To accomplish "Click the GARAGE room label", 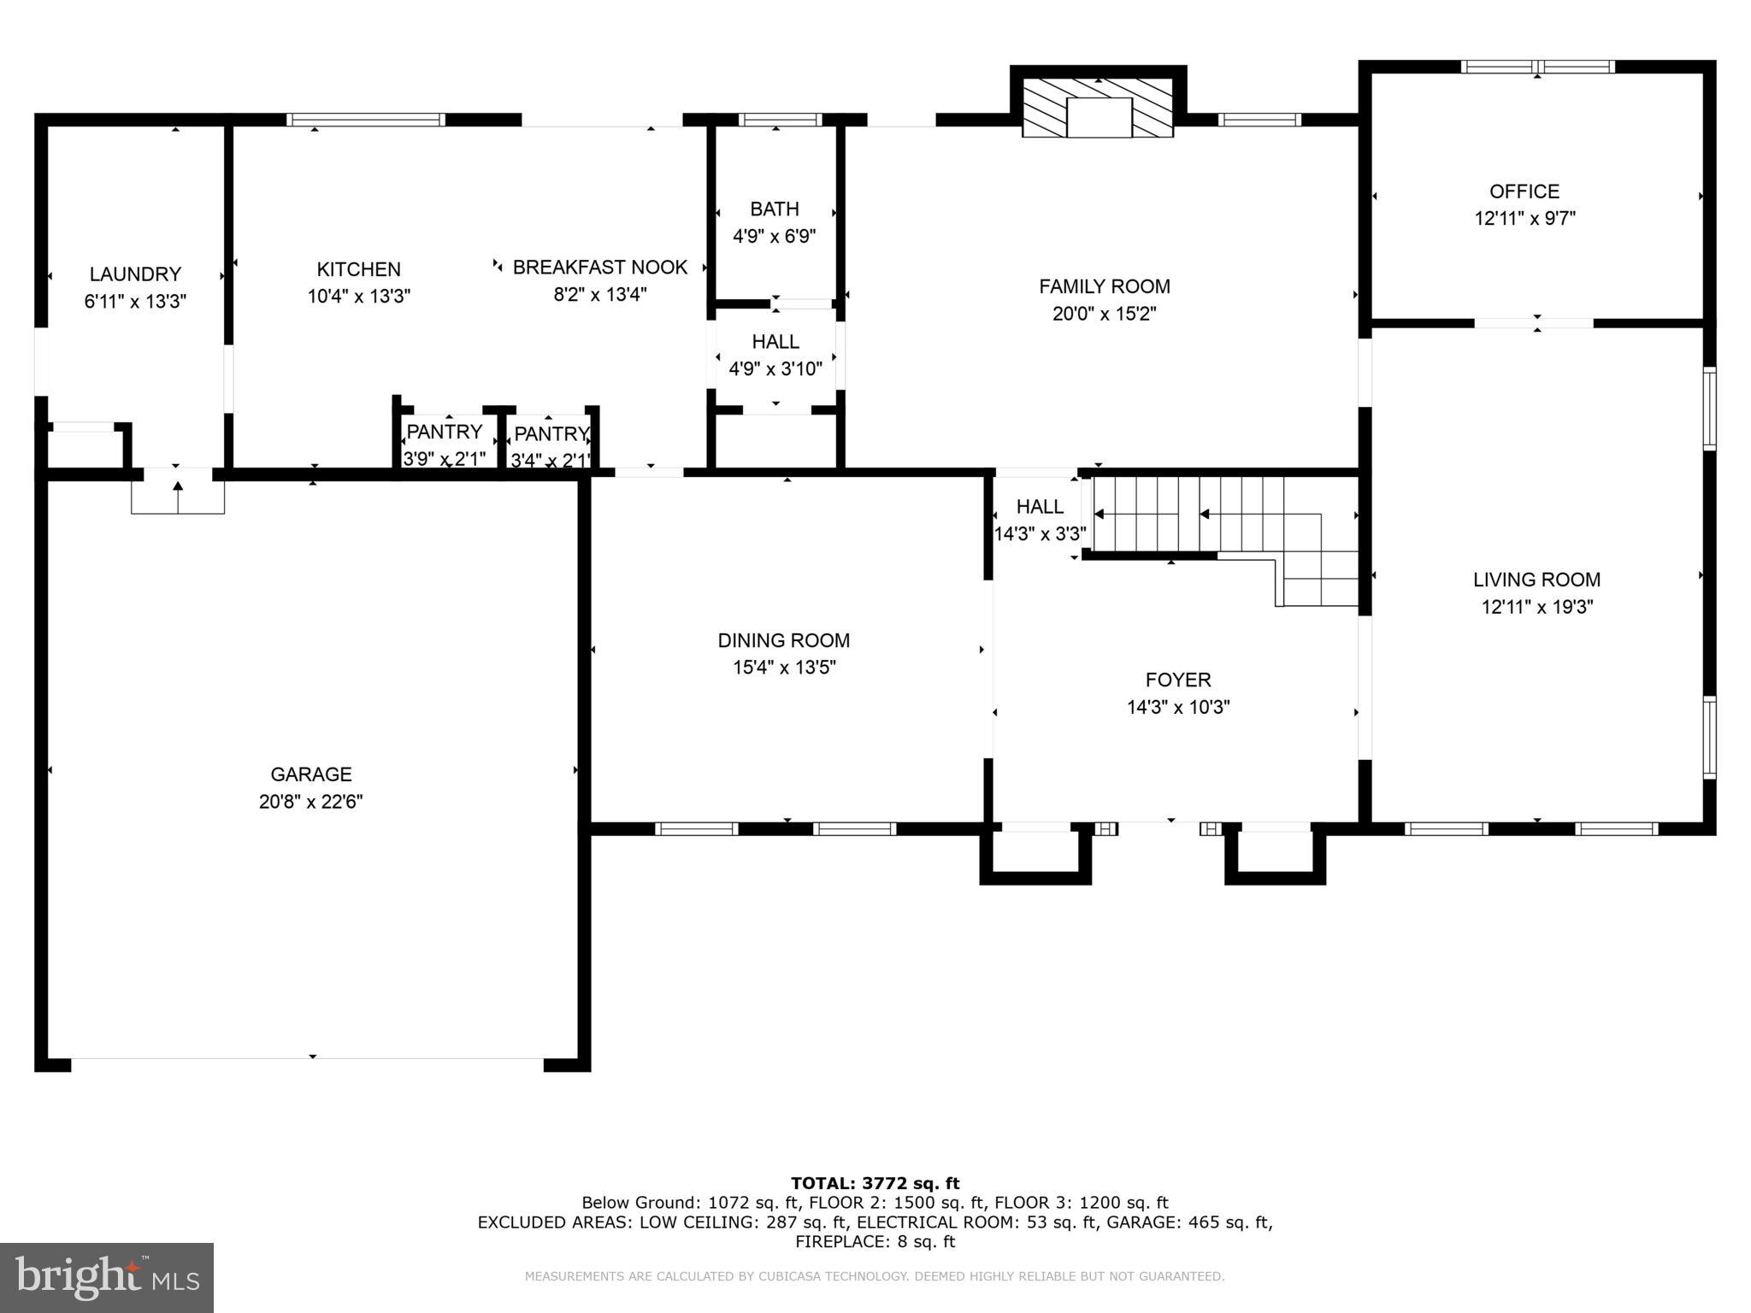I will [x=310, y=774].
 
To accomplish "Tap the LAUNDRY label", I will [x=135, y=274].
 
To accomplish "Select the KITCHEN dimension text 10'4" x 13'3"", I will [x=359, y=297].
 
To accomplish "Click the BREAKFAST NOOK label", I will [x=599, y=268].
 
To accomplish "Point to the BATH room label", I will [x=775, y=209].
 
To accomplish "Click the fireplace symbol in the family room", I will [x=1098, y=106].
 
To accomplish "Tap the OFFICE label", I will [x=1524, y=191].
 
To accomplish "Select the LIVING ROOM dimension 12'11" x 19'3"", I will [x=1536, y=607].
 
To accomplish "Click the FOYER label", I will [x=1178, y=680].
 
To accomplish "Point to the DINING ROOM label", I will [x=783, y=640].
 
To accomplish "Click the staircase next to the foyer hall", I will [x=1223, y=516].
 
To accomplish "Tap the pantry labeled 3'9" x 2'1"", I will [x=445, y=445].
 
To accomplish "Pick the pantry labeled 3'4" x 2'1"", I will [x=551, y=446].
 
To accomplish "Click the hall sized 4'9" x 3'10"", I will [x=775, y=355].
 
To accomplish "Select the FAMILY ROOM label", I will [x=1105, y=286].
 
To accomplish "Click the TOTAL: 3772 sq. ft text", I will [x=875, y=1183].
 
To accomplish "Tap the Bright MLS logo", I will [x=107, y=1277].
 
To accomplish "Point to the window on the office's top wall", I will [x=1537, y=67].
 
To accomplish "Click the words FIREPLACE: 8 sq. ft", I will [x=875, y=1242].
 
